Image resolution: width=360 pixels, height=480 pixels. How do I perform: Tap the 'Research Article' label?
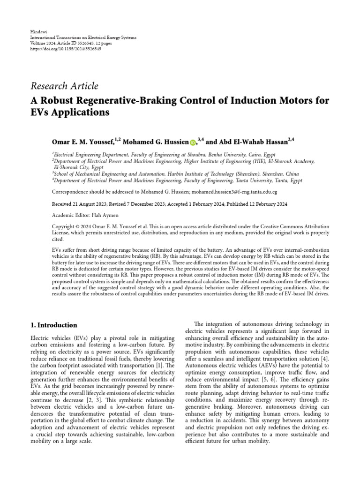coord(64,86)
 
